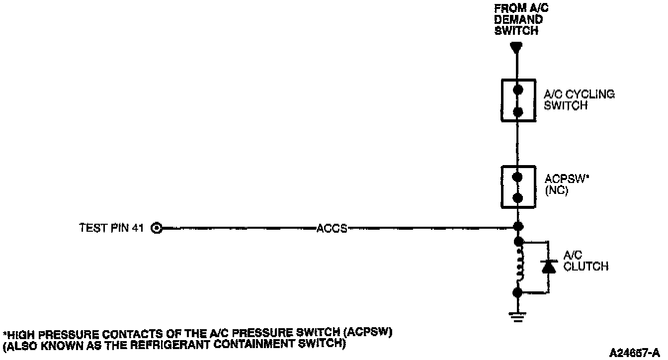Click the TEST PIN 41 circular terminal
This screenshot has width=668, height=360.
click(x=157, y=228)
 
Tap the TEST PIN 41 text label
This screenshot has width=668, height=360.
click(x=112, y=228)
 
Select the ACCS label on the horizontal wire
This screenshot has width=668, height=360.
click(x=332, y=229)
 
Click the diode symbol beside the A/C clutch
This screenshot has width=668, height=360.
click(x=548, y=267)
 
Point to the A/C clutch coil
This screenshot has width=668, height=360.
click(x=518, y=267)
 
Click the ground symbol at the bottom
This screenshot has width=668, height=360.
click(x=518, y=315)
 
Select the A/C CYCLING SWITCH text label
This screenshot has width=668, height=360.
click(x=579, y=99)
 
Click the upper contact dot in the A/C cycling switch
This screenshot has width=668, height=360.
click(x=518, y=90)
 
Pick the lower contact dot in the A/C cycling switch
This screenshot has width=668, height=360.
click(x=518, y=111)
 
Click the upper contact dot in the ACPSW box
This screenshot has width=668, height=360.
click(x=518, y=177)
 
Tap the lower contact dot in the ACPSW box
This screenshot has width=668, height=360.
click(x=518, y=198)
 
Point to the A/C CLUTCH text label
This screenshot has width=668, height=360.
click(x=585, y=262)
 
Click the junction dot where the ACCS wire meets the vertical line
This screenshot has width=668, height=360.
click(x=518, y=228)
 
